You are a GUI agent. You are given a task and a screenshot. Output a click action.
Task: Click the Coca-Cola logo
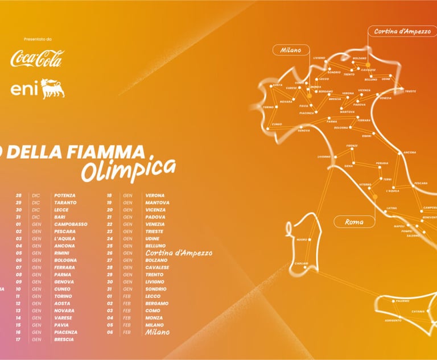pos(38,59)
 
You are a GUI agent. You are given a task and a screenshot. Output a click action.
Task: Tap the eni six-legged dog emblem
pos(53,88)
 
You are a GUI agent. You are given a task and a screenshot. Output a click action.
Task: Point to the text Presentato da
pos(38,39)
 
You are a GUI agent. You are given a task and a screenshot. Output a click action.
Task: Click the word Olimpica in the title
pos(128,168)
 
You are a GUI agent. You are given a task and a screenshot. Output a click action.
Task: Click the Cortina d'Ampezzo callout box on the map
pos(402,31)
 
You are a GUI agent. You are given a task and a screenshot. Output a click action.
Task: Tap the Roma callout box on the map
pos(354,222)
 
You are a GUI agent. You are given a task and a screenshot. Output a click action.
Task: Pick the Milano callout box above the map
pos(290,50)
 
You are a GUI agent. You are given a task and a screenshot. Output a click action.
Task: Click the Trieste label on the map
pos(410,91)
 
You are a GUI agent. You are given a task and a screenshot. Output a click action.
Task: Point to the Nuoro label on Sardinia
pos(302,240)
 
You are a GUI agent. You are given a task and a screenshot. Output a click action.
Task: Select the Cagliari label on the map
pos(302,263)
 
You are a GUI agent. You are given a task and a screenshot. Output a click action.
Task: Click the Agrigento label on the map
pos(392,321)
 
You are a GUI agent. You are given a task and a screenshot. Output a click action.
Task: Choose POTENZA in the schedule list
pos(65,195)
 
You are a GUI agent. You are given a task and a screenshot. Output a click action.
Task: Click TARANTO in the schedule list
pos(65,202)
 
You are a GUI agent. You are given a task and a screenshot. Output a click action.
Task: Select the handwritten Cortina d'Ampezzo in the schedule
pos(179,253)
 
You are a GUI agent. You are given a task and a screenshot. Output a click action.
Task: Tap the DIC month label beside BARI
pos(36,217)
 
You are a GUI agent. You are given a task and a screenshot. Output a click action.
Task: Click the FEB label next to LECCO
pos(127,296)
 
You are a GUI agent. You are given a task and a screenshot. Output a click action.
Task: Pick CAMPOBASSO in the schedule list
pos(71,224)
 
